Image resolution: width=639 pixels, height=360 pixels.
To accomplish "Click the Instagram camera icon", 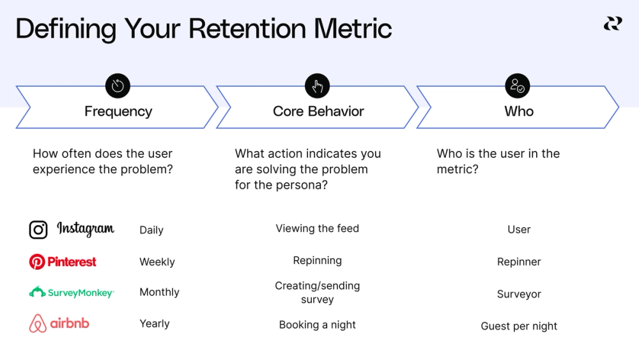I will click(38, 230).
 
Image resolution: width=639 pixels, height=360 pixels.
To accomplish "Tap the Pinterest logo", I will click(63, 262).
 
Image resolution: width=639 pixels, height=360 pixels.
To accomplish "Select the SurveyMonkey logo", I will click(72, 293).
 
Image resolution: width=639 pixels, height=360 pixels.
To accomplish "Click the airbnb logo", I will click(59, 324).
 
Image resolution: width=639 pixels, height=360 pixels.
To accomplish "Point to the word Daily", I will click(151, 230).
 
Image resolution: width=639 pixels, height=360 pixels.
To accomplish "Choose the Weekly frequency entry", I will click(157, 262).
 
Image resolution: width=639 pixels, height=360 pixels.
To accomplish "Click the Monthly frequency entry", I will click(159, 292).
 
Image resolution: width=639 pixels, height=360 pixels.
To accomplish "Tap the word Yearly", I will click(155, 324).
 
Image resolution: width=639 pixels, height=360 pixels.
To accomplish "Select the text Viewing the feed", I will click(317, 228).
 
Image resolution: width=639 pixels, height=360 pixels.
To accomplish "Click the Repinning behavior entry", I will click(317, 260).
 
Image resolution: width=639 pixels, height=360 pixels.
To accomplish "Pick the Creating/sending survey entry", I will click(317, 292).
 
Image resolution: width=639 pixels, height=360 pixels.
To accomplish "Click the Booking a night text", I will click(317, 325).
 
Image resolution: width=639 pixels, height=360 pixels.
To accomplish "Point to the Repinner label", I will click(519, 262).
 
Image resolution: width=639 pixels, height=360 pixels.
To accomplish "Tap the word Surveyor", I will click(519, 294).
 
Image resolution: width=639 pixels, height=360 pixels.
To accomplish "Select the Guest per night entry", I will click(519, 326).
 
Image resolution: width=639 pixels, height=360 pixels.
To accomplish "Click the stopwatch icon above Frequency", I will click(118, 86).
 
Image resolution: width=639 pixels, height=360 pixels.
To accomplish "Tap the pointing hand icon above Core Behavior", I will click(318, 86).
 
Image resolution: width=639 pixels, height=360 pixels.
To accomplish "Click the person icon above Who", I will click(517, 86).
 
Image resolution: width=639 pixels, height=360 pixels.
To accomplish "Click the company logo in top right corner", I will click(612, 24).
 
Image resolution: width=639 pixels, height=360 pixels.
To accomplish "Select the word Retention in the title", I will click(249, 29).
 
